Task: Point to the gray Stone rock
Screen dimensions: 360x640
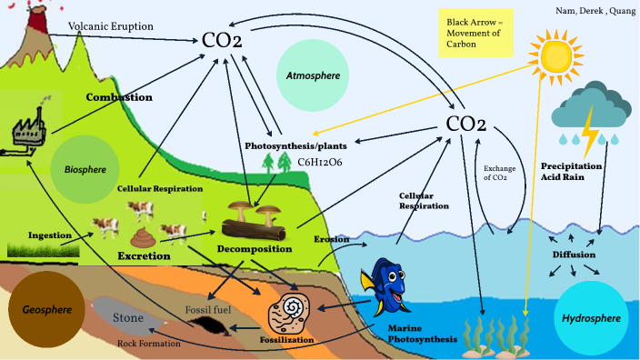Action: tap(127, 318)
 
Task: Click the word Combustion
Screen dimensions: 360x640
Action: tap(118, 96)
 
